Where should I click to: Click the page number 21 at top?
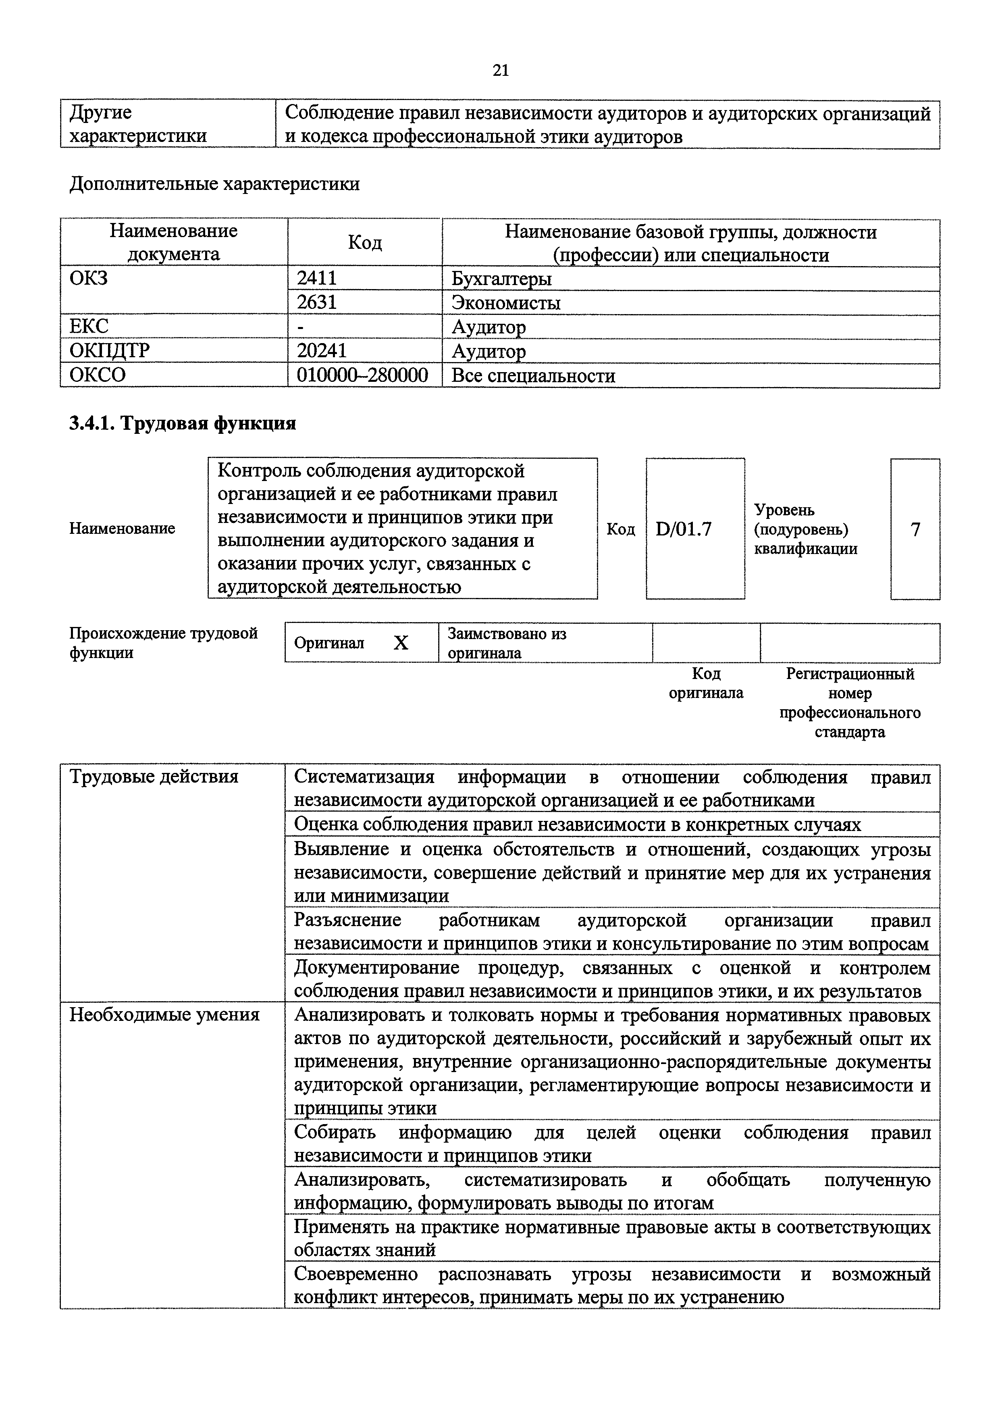501,70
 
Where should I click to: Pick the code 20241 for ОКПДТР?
321,350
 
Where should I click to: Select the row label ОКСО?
97,375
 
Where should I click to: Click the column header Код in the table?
364,243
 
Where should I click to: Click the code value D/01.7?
684,529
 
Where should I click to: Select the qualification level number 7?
915,529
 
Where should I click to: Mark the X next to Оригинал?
401,643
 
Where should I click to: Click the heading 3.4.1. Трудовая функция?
182,423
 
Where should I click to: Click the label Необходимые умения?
164,1014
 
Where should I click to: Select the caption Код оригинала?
706,683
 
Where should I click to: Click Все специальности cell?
533,376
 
